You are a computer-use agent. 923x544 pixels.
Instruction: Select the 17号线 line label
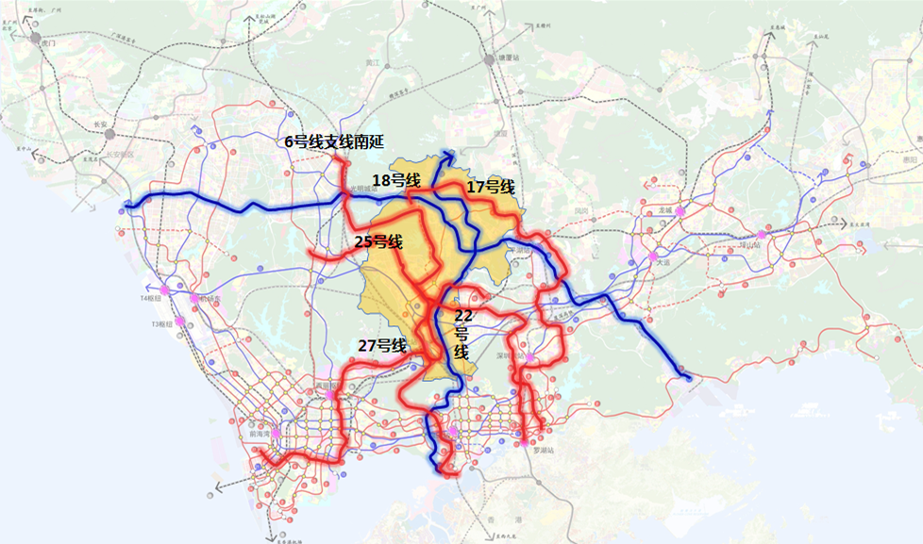(491, 188)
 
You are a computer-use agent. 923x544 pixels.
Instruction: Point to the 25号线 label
(378, 242)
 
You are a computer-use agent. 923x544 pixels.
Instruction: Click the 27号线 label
(382, 346)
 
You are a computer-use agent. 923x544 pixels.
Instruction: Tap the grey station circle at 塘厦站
(490, 59)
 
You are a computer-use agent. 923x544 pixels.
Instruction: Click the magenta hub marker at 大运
(651, 256)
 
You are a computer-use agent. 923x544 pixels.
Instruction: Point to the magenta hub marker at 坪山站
(761, 235)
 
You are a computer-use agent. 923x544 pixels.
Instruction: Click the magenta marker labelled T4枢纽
(166, 289)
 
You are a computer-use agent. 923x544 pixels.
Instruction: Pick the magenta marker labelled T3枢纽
(179, 321)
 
